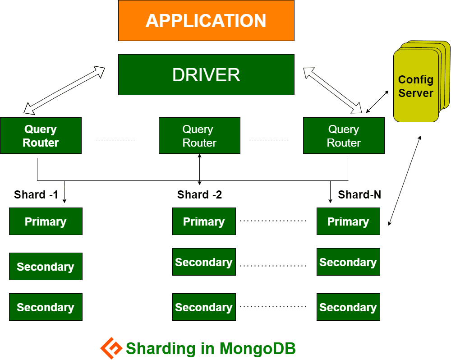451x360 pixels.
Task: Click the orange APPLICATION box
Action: click(206, 21)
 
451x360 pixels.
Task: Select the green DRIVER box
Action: click(206, 75)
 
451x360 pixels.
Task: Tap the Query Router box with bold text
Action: click(41, 136)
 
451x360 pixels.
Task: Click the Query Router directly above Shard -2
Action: click(199, 136)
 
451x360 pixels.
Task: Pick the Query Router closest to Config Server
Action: click(344, 136)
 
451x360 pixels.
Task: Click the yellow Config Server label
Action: click(416, 87)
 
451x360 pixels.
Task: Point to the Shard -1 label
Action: click(36, 195)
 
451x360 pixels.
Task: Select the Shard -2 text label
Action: click(199, 195)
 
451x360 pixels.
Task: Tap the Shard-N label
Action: click(359, 195)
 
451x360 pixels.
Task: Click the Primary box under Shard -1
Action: click(46, 222)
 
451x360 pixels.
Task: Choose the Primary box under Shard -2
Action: click(204, 222)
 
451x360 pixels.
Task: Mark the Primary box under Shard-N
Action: click(348, 222)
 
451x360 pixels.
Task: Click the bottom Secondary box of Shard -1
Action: click(46, 307)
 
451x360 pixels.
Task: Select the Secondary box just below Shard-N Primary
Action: click(348, 262)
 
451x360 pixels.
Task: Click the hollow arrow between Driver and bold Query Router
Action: click(64, 90)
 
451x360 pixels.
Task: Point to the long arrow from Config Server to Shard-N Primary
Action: click(405, 180)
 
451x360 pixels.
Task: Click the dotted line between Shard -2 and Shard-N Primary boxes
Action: click(273, 221)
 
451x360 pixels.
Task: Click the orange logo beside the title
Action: click(111, 348)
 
